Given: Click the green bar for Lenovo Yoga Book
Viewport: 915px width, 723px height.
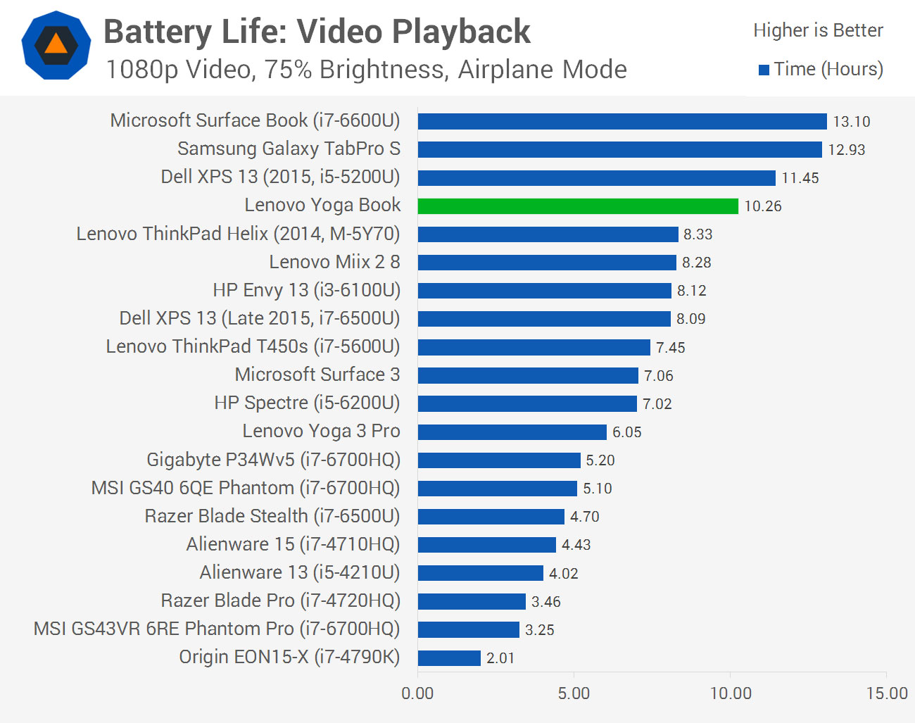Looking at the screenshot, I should [577, 206].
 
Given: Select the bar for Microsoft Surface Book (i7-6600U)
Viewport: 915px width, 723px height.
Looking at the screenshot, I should [621, 121].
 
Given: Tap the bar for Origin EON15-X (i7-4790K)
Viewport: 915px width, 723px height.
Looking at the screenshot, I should [449, 658].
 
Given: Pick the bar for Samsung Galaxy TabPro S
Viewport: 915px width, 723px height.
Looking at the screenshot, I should [619, 149].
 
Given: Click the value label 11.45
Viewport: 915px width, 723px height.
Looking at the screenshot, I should [800, 178].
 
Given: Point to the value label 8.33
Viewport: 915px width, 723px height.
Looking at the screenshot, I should [698, 234].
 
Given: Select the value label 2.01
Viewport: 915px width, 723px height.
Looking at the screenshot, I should [500, 658].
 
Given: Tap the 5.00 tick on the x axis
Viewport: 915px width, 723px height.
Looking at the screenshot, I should [574, 693].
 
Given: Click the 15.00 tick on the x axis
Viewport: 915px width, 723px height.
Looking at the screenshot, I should [887, 693].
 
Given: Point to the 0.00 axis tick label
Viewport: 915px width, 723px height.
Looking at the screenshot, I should [417, 693].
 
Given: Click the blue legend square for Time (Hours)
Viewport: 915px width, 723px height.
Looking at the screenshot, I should [764, 70].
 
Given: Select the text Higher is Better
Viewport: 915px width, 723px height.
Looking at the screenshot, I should [818, 30].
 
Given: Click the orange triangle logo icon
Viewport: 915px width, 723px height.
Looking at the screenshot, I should [56, 44].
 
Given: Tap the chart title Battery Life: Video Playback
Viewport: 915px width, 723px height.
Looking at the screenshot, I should [317, 32].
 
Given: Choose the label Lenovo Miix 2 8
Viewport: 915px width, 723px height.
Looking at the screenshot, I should [334, 262].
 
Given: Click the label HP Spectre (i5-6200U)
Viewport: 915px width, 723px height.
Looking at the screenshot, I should [307, 403].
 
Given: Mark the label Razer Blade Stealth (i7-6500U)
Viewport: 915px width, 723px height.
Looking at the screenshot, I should [272, 516].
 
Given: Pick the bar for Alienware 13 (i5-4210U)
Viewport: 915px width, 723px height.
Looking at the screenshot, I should [480, 573].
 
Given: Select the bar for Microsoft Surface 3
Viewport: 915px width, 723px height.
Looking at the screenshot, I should [528, 375].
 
